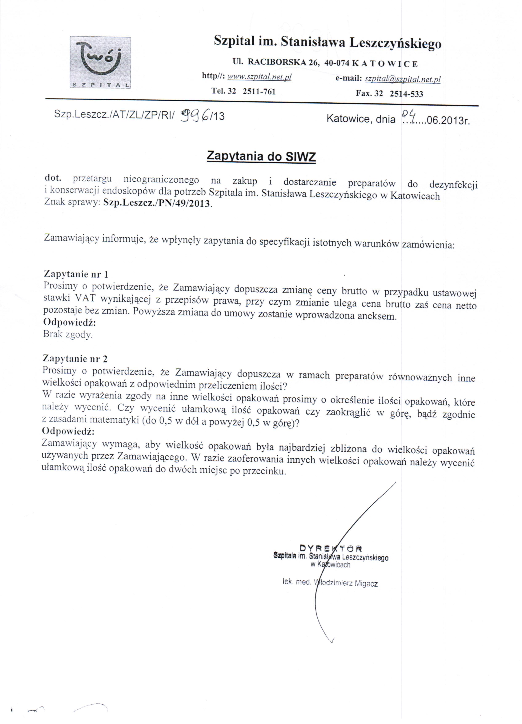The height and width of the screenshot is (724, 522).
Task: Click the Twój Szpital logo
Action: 100,63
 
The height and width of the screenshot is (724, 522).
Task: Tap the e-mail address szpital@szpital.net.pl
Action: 402,79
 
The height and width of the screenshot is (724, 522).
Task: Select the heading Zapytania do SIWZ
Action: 261,157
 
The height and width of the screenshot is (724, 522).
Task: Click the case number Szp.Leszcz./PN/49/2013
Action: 157,203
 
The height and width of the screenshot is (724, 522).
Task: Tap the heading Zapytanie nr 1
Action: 76,274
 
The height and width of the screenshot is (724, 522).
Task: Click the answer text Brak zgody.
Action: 68,335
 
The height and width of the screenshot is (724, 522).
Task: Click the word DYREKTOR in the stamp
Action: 330,548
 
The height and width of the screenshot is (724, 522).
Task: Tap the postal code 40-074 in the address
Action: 337,63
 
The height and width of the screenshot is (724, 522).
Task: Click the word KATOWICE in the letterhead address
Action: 385,64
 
